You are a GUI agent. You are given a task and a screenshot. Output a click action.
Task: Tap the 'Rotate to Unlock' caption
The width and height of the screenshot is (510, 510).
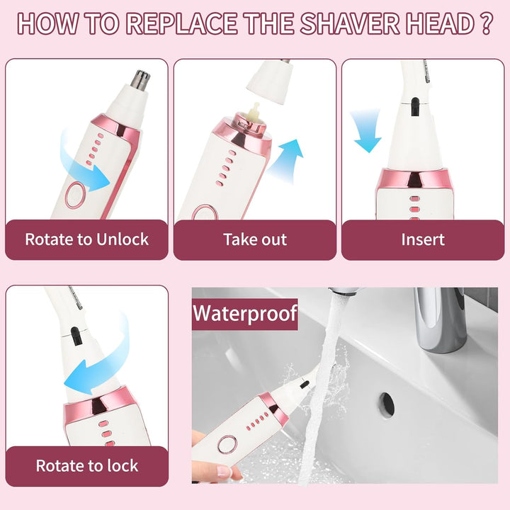[86, 239]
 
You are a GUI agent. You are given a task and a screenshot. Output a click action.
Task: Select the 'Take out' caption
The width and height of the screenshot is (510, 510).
[255, 239]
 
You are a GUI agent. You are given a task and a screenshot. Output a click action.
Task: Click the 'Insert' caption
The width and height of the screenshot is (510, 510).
[422, 239]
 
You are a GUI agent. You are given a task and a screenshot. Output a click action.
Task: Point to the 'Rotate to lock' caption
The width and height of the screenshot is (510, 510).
[86, 466]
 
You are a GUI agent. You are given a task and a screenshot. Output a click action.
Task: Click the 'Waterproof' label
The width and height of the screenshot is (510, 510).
[245, 312]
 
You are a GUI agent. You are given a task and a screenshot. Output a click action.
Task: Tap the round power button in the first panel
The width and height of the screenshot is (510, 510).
[76, 195]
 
